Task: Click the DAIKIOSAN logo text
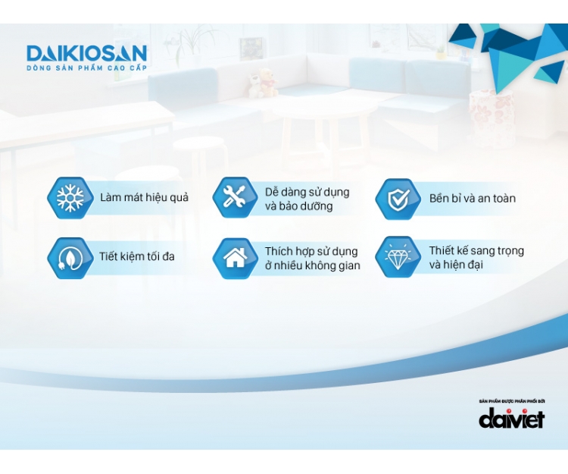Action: pos(86,53)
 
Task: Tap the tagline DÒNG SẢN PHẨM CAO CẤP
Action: pos(86,67)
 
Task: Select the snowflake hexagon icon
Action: pos(70,198)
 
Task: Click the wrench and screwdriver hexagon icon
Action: pos(235,198)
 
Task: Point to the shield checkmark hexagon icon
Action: pos(398,199)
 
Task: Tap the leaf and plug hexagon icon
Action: pos(70,258)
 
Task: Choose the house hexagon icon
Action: pos(235,258)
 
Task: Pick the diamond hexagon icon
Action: pos(398,257)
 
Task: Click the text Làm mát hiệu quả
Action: pos(144,198)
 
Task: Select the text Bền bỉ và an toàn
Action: pos(473,199)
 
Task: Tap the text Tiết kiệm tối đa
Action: pos(137,256)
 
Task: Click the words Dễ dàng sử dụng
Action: pos(307,192)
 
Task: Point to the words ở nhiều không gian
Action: pos(312,265)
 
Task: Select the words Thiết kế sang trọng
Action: pos(476,251)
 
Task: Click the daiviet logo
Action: pos(511,418)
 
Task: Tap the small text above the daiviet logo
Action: pos(512,401)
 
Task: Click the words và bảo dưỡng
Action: pos(299,206)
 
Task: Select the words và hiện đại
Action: pos(456,265)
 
